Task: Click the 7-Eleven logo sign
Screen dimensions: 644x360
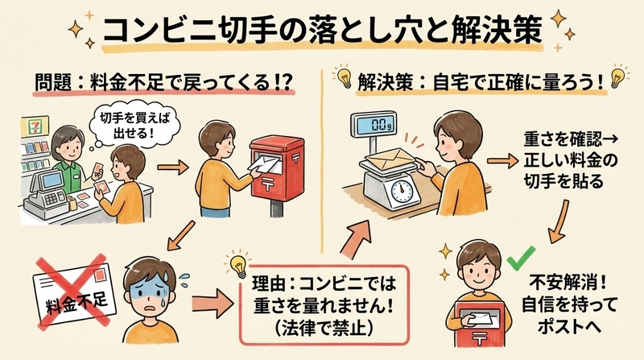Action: (x=35, y=126)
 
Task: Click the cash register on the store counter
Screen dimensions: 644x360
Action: (x=46, y=193)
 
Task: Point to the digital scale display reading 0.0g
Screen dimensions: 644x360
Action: (x=374, y=124)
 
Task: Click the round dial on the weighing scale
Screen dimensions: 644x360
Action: (x=401, y=189)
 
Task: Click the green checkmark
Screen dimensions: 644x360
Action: (x=521, y=258)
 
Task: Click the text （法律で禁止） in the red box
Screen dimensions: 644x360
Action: (x=324, y=328)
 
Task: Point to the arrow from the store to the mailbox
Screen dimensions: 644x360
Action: (x=173, y=168)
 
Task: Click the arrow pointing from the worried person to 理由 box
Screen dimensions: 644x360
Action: (x=213, y=303)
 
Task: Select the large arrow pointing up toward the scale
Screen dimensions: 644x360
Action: (x=355, y=238)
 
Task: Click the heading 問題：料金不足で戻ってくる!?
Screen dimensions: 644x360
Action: (x=163, y=82)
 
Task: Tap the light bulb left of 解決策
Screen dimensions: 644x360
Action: (x=344, y=77)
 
